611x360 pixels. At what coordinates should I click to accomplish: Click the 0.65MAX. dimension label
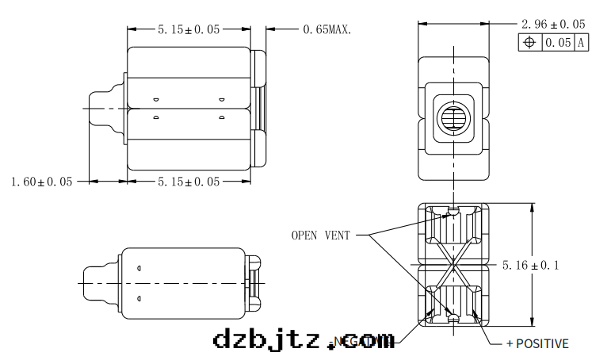327,29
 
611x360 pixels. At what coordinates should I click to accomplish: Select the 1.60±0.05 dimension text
42,182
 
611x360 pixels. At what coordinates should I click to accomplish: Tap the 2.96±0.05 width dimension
553,24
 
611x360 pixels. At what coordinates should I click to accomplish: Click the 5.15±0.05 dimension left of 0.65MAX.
189,29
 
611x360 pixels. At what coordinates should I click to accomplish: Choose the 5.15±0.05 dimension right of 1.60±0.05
189,182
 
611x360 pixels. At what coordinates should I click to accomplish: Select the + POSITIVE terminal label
537,343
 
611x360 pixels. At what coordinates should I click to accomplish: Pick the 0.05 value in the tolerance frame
558,43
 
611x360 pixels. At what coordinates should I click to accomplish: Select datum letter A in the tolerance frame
581,43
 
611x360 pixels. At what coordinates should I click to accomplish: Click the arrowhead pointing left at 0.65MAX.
270,29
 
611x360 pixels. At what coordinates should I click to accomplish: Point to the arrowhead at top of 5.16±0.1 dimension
530,206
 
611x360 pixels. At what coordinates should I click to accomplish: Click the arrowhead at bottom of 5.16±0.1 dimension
530,323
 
